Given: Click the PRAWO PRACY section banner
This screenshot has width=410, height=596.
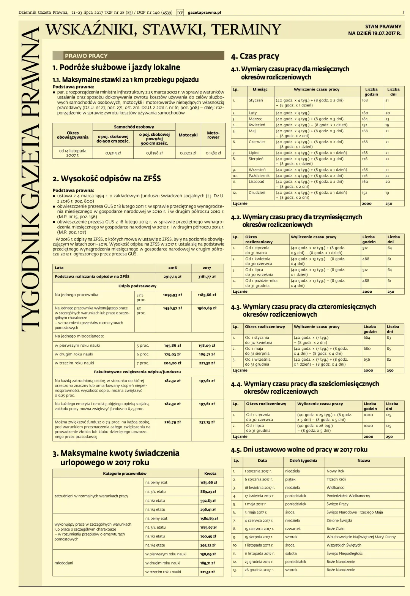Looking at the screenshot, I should click(86, 56).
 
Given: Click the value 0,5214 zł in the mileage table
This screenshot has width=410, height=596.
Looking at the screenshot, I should click(113, 153).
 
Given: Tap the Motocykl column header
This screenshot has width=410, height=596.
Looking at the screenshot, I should click(188, 135).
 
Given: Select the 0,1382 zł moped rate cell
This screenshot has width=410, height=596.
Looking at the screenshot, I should click(213, 153).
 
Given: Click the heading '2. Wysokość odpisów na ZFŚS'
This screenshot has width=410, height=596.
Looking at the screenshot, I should click(107, 179).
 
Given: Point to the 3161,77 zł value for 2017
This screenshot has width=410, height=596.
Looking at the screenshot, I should click(207, 277).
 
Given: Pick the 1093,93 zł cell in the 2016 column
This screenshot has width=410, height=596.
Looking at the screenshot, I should click(172, 295).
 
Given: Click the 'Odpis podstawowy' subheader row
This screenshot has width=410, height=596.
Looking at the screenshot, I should click(137, 286).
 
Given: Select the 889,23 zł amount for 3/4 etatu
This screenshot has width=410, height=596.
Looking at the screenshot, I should click(208, 491).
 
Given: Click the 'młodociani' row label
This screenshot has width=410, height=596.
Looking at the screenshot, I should click(64, 563).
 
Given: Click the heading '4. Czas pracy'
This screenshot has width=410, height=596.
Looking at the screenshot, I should click(255, 57).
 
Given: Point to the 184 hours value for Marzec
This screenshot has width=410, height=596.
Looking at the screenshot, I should click(365, 119).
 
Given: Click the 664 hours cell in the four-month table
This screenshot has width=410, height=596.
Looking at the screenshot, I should click(367, 338).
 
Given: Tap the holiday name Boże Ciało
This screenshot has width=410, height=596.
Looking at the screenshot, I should click(336, 529).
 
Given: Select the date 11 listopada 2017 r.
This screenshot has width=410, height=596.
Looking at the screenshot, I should click(258, 553).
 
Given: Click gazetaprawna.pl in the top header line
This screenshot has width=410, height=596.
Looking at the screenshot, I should click(204, 13).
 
